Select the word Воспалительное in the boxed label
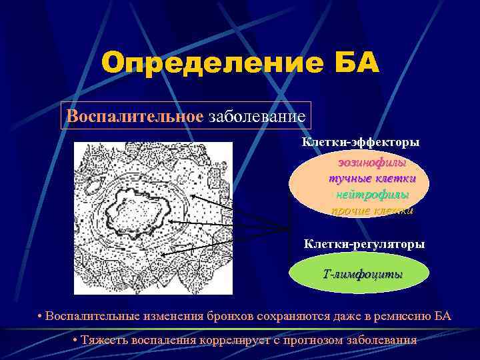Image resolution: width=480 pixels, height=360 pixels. pos(135,116)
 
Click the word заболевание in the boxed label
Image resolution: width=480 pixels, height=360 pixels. pos(257,116)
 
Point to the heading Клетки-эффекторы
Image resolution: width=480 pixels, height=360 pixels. pos(361,143)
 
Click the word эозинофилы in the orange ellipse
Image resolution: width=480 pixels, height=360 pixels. pos(372,163)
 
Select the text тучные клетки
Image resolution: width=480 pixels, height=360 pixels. pos(372,179)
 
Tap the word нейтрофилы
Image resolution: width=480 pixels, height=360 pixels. pos(372,194)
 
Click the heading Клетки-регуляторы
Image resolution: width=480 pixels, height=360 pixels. pos(364,244)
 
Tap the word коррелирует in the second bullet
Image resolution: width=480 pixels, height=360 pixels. pos(231,340)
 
